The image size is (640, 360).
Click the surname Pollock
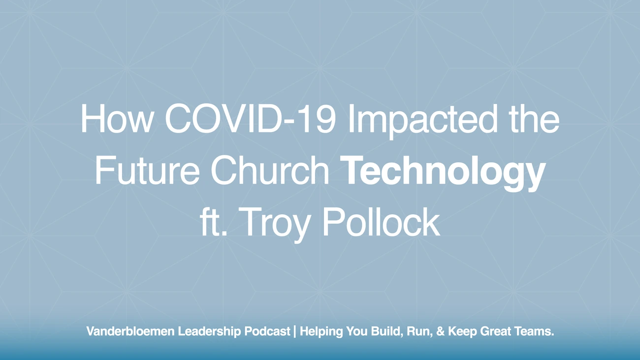point(380,223)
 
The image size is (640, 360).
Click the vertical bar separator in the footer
point(294,331)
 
